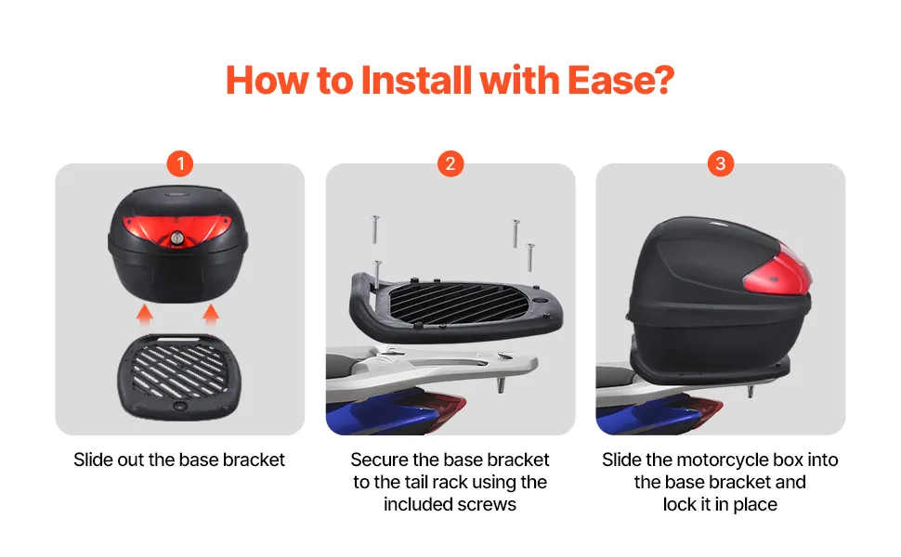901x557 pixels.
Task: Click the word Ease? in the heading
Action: [620, 80]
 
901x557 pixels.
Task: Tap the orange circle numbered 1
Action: [180, 163]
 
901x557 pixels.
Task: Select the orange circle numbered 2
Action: [450, 163]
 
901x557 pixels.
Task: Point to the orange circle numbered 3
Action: [721, 163]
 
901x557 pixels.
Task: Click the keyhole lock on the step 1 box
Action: [177, 238]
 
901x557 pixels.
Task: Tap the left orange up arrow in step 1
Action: [145, 315]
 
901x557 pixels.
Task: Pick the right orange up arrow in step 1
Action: [211, 315]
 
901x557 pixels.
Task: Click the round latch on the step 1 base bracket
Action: [181, 407]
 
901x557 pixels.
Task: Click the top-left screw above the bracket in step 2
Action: [374, 229]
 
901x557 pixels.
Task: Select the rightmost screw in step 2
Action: [530, 257]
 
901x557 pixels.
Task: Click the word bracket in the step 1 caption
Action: [254, 460]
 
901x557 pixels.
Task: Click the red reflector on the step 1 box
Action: [177, 229]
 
